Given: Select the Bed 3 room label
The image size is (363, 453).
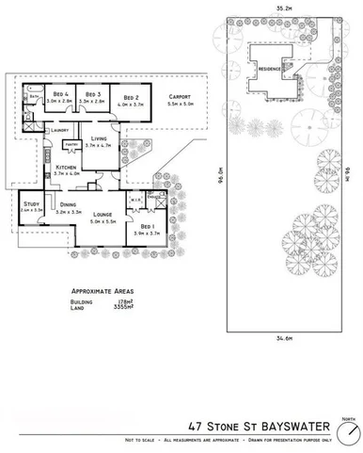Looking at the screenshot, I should pyautogui.click(x=93, y=95).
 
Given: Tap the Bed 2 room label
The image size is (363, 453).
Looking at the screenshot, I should pyautogui.click(x=130, y=96).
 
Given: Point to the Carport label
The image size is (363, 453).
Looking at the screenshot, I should pyautogui.click(x=180, y=97).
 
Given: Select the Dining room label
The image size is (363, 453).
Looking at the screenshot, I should pyautogui.click(x=68, y=204).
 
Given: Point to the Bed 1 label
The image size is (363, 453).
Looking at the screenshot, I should pyautogui.click(x=147, y=227).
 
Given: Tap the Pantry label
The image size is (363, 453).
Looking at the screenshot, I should pyautogui.click(x=71, y=143).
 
